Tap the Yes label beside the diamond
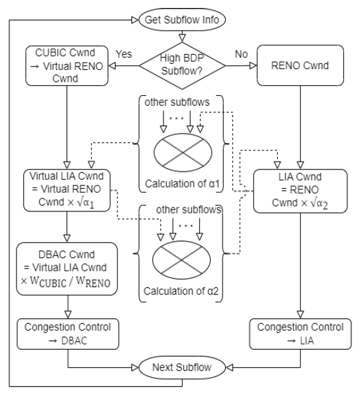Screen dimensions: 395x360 (x=128, y=51)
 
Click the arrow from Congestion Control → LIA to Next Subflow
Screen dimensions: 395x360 (x=266, y=368)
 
